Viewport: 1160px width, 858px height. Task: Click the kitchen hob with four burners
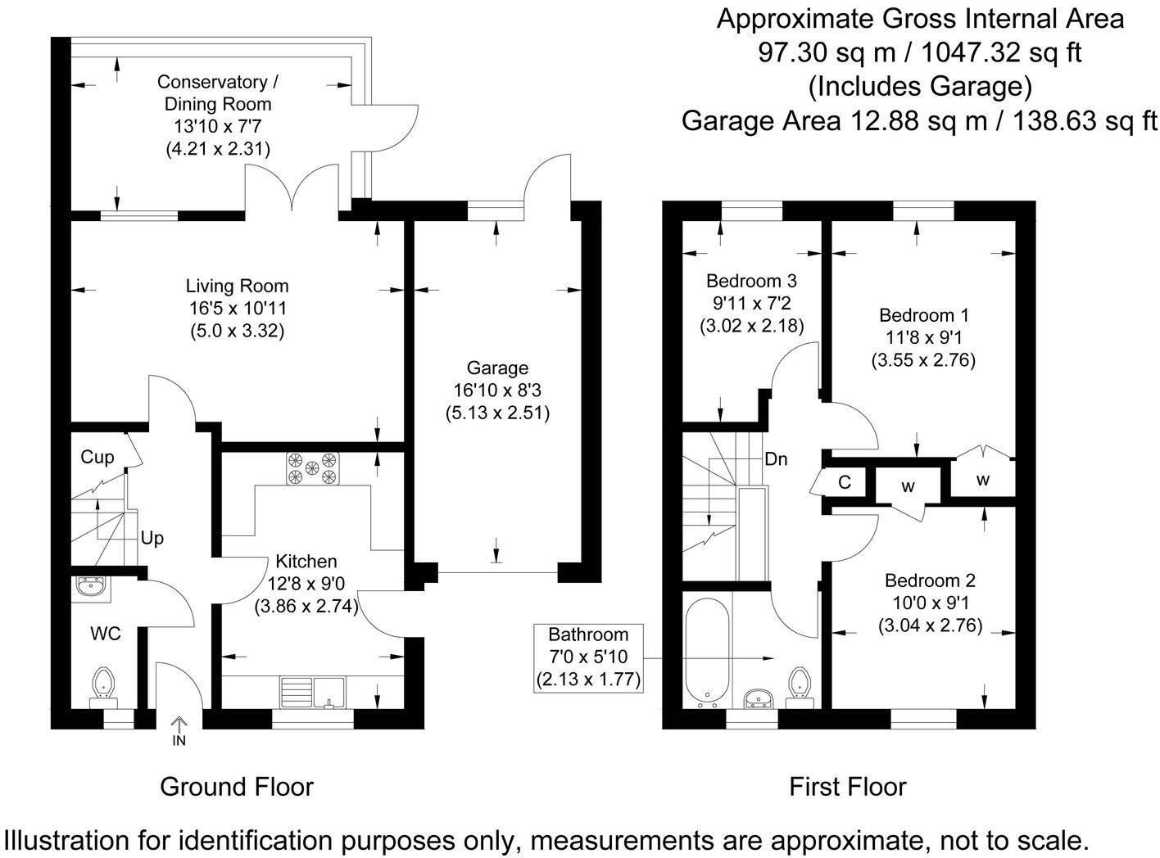312,469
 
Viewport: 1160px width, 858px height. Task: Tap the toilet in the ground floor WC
103,684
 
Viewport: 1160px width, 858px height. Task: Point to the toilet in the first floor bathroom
799,684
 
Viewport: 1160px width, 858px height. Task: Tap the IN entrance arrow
179,729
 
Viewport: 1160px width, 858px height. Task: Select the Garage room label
497,368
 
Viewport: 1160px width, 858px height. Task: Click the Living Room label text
237,287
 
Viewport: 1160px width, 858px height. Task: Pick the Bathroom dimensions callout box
588,657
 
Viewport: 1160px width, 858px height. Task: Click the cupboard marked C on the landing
845,482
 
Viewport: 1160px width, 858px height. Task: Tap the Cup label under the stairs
97,457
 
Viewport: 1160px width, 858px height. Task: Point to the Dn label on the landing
775,459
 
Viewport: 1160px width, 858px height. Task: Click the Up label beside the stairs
152,538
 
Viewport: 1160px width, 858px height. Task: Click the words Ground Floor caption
237,787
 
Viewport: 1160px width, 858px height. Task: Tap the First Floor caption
847,787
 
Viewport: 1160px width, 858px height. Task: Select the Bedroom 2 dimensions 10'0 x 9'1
930,604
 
